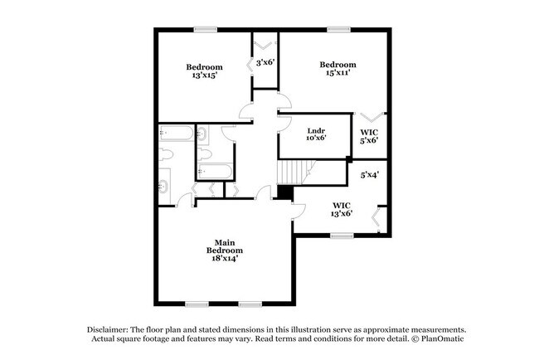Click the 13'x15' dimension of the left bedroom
[x=204, y=75]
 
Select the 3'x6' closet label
[x=265, y=62]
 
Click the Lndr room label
[x=315, y=129]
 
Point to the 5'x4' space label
[x=369, y=175]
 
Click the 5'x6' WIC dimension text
[x=369, y=140]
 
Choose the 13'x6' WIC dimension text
[x=342, y=213]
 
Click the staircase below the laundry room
[x=292, y=172]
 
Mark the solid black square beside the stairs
[x=284, y=192]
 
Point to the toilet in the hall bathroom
[x=205, y=134]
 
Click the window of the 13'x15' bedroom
[x=206, y=30]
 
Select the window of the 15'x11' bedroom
[x=337, y=30]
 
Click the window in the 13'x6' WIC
[x=342, y=236]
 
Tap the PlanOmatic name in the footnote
[x=444, y=338]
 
